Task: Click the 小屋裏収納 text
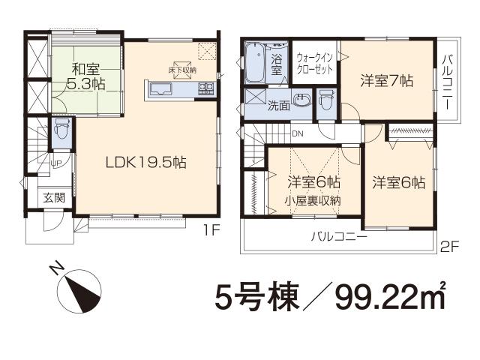(x=313, y=200)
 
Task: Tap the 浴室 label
(x=277, y=64)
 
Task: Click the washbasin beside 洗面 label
(x=302, y=101)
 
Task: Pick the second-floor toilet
(x=326, y=100)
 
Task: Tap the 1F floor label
(x=209, y=231)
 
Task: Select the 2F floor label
(x=448, y=244)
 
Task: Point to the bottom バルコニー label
(x=339, y=237)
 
